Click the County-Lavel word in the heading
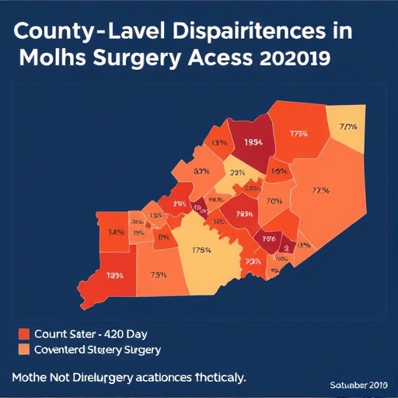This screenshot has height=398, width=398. point(74,33)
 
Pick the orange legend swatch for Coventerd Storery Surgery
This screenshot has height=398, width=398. point(23,350)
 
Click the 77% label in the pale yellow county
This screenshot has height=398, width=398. point(347,126)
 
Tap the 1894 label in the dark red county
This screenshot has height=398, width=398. point(253,142)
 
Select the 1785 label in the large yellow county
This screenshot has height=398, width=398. point(201,250)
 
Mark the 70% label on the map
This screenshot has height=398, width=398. point(274,200)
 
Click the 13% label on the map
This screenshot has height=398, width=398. point(218,142)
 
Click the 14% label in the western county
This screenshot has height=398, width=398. point(116,232)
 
